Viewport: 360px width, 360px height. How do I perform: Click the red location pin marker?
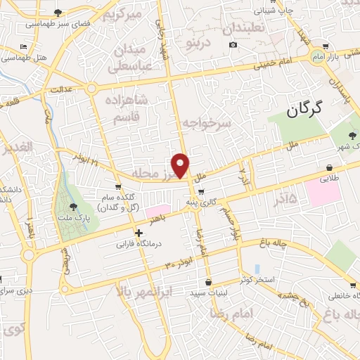[x=181, y=166]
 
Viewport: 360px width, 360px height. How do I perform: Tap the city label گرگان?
[x=304, y=108]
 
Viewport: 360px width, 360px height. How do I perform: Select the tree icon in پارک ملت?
[x=75, y=206]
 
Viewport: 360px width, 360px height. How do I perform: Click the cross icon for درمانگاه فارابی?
[x=139, y=233]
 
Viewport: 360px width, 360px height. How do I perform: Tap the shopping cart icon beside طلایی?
[x=329, y=167]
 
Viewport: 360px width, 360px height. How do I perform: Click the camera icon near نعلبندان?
[x=233, y=46]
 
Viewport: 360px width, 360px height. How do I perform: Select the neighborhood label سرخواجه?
[x=207, y=124]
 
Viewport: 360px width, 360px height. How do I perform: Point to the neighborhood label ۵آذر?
[x=283, y=202]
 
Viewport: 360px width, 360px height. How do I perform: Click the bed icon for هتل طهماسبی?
[x=25, y=46]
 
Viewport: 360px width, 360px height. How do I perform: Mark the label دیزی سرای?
[x=16, y=290]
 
